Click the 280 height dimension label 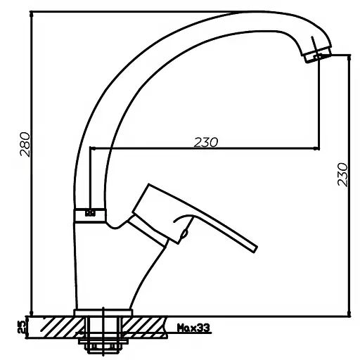[x=25, y=144]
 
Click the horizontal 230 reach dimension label [x=206, y=142]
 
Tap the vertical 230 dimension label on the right [x=342, y=174]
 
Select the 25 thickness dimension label [x=22, y=327]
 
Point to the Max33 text [x=193, y=328]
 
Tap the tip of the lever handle [x=254, y=249]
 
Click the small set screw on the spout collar [x=90, y=213]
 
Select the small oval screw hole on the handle [x=185, y=233]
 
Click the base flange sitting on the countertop [x=103, y=313]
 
